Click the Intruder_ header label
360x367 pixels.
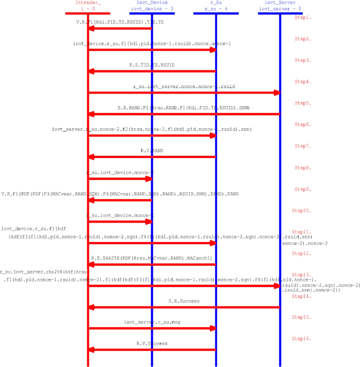click(88, 3)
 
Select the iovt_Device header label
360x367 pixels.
click(152, 3)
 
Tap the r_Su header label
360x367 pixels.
click(215, 3)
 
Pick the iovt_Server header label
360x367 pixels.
click(280, 3)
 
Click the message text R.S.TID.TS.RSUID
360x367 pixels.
click(152, 65)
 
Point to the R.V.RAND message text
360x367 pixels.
click(152, 151)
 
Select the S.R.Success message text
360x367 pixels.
click(184, 301)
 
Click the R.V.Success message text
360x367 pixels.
click(152, 343)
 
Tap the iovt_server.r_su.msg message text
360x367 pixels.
click(152, 322)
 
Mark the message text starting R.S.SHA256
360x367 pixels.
click(152, 258)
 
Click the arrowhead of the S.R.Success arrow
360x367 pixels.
click(92, 307)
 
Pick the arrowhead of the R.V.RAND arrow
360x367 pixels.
click(92, 157)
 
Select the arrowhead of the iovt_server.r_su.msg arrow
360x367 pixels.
click(212, 328)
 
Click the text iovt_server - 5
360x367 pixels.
click(280, 9)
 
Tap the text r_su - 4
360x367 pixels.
click(215, 9)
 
